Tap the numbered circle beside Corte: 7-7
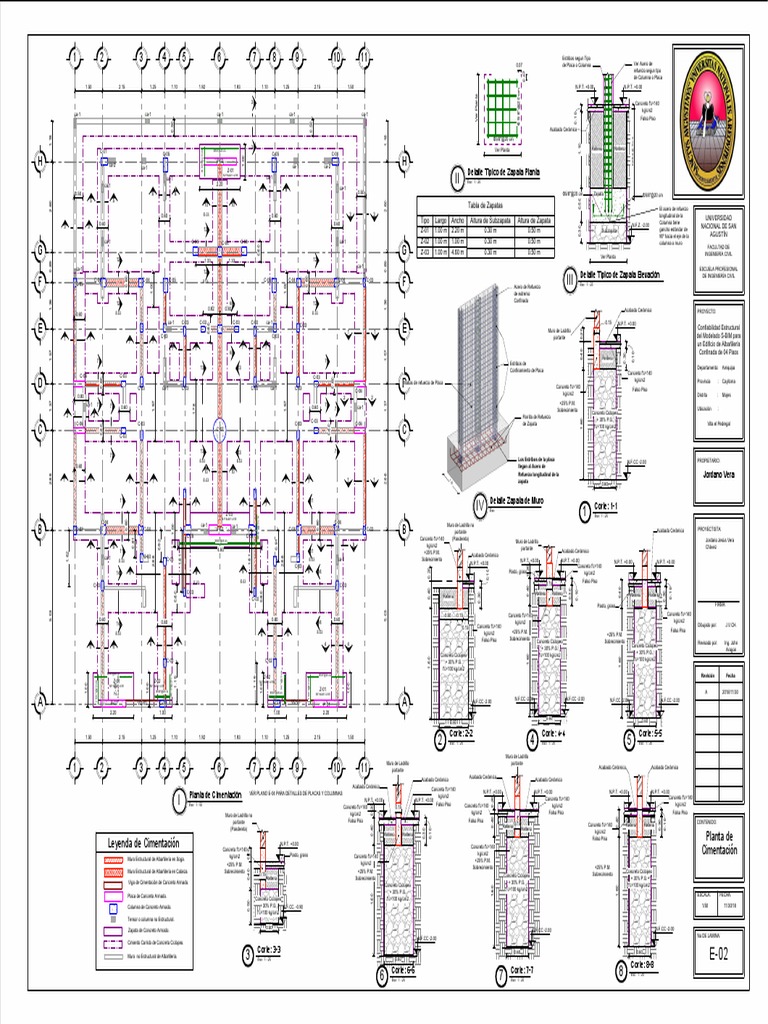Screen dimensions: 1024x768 coord(501,972)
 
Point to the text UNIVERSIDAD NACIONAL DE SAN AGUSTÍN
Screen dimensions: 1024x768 coord(719,227)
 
